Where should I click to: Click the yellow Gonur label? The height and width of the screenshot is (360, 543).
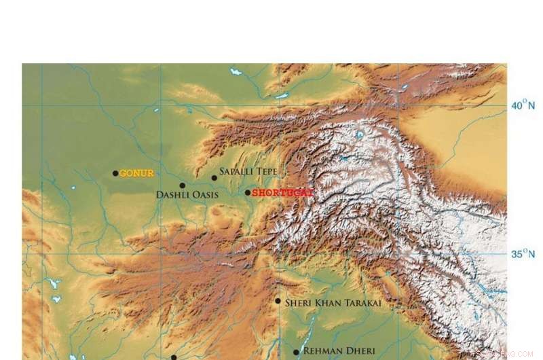[137, 173]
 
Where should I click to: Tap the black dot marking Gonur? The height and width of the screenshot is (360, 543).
[115, 173]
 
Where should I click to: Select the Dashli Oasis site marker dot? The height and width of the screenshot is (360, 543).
[182, 185]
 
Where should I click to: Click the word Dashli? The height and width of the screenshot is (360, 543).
[172, 195]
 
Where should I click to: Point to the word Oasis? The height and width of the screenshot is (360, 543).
[204, 195]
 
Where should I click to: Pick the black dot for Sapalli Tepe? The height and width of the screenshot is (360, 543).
[214, 178]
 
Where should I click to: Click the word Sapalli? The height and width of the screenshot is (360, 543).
[237, 173]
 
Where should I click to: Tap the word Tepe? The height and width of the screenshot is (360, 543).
[267, 173]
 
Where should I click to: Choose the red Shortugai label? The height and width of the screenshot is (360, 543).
[282, 193]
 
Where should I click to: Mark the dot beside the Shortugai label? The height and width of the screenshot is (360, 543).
[248, 192]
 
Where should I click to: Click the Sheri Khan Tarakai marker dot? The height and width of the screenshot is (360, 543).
[278, 301]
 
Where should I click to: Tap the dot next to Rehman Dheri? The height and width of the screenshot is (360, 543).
[296, 352]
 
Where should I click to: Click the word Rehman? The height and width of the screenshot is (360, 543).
[322, 350]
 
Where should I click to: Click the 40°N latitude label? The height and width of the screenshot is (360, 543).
[523, 105]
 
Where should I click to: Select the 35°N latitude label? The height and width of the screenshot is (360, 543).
[523, 254]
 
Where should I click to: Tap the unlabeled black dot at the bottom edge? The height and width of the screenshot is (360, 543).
[174, 357]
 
